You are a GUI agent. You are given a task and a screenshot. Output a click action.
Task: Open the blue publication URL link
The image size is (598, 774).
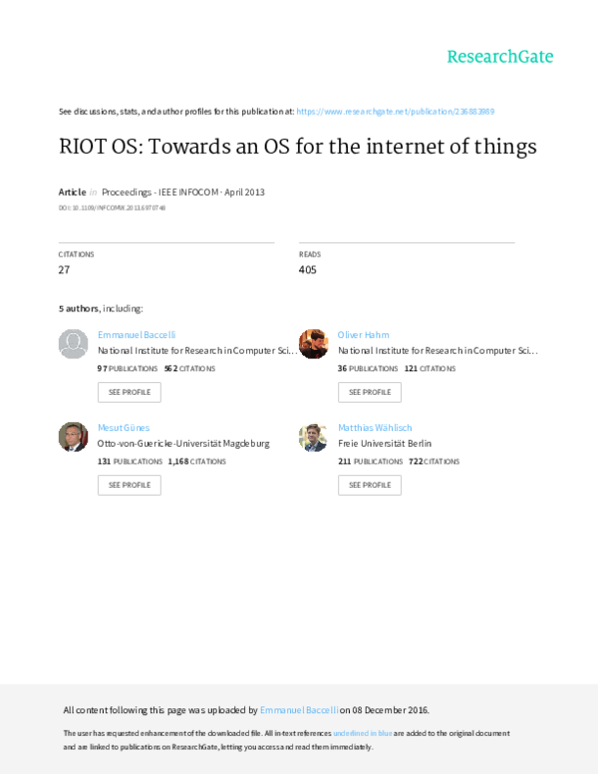(395, 111)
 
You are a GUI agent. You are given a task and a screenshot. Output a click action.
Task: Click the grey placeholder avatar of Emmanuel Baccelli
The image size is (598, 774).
(74, 344)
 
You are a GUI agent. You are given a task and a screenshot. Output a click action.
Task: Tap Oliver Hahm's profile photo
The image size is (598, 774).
(314, 344)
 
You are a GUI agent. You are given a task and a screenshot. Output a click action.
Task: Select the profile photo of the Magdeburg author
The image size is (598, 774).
(74, 436)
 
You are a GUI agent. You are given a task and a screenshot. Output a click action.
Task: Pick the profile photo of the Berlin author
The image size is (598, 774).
(314, 436)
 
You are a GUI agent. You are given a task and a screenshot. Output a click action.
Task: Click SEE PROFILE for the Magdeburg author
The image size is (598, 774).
(129, 485)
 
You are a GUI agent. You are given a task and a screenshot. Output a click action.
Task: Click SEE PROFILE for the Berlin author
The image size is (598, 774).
(370, 485)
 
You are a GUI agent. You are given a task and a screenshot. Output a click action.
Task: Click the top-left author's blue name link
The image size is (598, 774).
(137, 335)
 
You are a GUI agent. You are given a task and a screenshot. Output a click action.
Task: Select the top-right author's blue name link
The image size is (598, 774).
(364, 335)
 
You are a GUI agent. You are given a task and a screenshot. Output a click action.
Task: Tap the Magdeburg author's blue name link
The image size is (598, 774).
(124, 427)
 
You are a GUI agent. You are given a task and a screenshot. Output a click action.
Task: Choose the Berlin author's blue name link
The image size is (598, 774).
(375, 427)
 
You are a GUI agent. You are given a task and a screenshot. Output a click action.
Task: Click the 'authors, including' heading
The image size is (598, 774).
(101, 308)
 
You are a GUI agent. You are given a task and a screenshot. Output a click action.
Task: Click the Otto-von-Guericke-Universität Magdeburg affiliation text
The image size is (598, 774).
(183, 442)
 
